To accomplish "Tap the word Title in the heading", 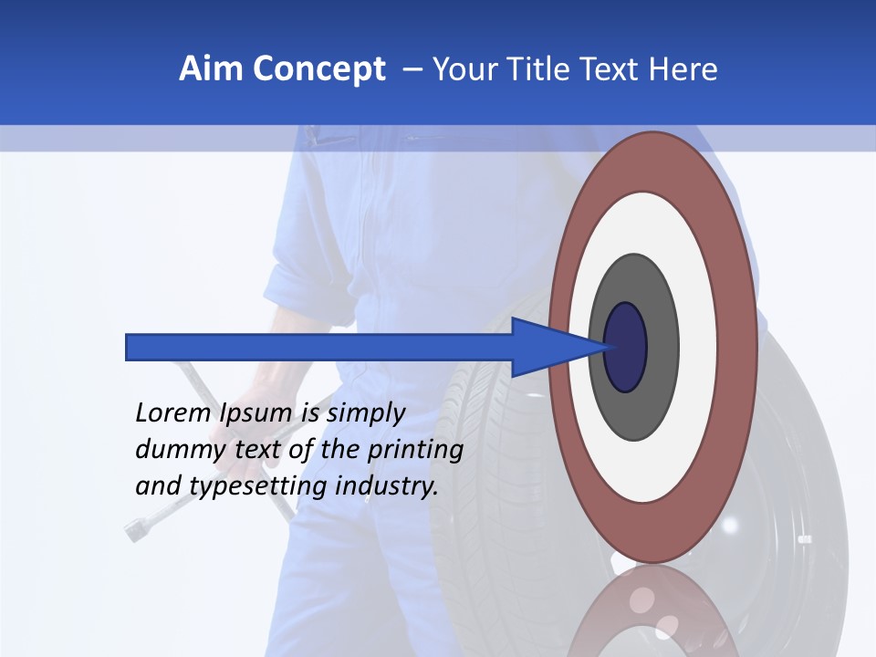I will coord(547,69).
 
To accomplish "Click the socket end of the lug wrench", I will coord(138,528).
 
